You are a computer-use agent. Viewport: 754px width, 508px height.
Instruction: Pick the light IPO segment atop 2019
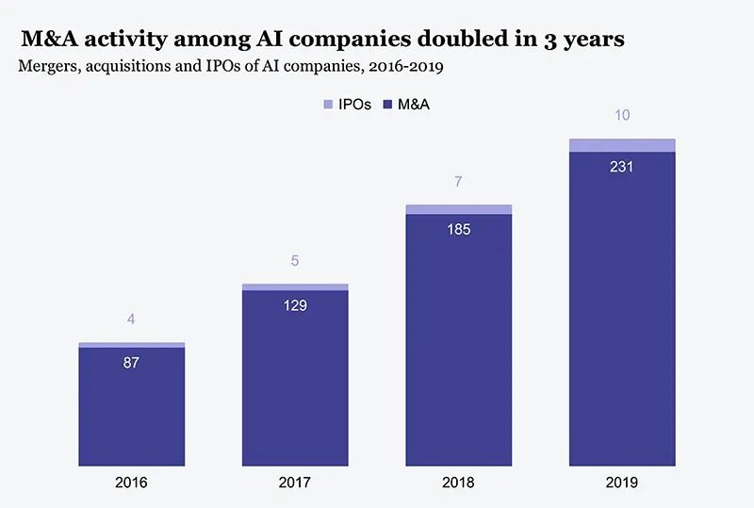point(622,145)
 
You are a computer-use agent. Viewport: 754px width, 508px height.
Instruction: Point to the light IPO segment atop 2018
point(458,209)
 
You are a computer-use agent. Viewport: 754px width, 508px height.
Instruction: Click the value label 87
point(131,362)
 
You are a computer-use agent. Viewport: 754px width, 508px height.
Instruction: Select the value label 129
point(295,304)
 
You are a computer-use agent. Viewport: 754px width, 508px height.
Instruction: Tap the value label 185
point(458,229)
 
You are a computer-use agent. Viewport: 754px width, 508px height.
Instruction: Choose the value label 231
point(622,167)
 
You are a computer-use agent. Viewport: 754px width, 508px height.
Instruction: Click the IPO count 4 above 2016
point(131,320)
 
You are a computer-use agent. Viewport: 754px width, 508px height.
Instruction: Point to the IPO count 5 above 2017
point(295,260)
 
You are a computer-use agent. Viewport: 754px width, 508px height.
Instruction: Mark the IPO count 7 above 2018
point(458,181)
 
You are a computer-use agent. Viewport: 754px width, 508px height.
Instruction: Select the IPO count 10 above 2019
point(622,116)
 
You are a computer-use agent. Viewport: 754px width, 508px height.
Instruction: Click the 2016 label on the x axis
point(131,483)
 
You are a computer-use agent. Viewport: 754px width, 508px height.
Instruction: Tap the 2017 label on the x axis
point(295,483)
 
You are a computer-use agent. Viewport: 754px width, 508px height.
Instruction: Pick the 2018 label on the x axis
point(458,483)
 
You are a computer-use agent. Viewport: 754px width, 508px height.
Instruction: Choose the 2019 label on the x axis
point(622,483)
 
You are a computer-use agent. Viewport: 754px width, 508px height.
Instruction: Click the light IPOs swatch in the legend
point(328,104)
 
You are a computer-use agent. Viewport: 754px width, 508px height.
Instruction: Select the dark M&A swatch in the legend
point(387,104)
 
